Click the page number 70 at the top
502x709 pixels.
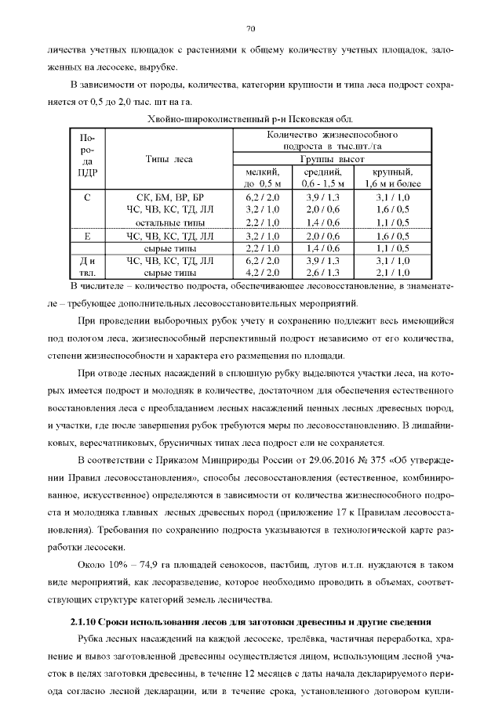click(251, 29)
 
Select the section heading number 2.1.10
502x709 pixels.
click(85, 621)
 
